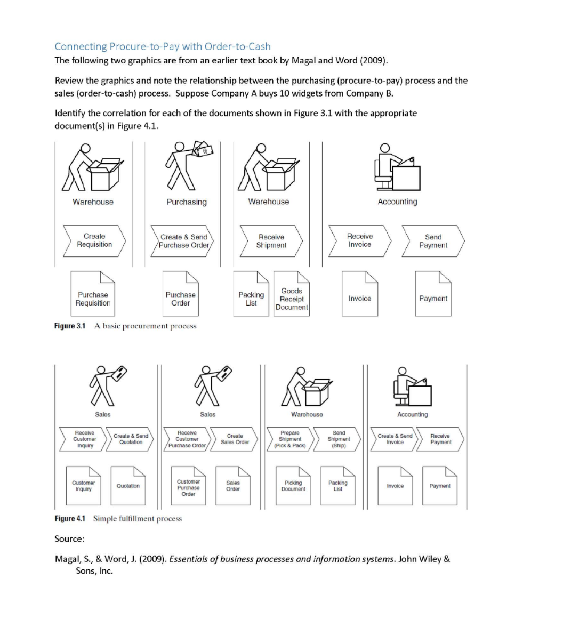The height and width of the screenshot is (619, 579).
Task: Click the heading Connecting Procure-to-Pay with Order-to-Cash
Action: (163, 46)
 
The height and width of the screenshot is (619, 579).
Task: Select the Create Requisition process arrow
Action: (94, 240)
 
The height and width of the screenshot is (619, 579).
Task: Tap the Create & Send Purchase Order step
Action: (184, 241)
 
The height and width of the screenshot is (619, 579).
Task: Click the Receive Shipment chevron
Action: (271, 241)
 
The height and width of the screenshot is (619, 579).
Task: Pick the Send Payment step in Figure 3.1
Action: (433, 241)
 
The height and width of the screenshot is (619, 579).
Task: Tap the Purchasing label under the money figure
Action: (187, 202)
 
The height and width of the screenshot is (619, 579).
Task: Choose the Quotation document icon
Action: (128, 485)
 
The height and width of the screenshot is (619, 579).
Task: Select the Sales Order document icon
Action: (233, 485)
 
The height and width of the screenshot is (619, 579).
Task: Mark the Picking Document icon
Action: (293, 485)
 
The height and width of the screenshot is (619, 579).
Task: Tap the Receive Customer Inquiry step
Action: (85, 439)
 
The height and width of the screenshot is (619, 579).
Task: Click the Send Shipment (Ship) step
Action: (339, 439)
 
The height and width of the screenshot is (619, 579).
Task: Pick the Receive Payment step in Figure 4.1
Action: (440, 439)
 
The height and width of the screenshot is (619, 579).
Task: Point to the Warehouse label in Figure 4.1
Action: (307, 415)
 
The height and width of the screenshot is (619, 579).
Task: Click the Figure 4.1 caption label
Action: (70, 519)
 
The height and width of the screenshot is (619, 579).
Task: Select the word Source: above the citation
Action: (69, 539)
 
